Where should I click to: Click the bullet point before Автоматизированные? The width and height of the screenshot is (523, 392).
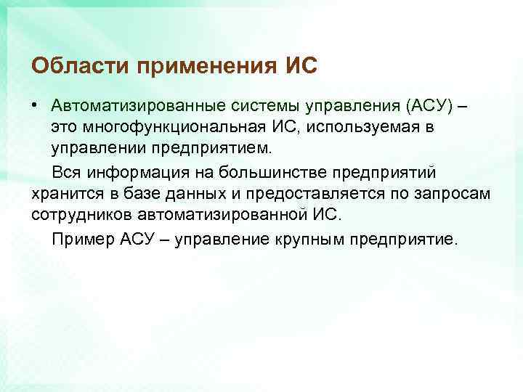coord(35,106)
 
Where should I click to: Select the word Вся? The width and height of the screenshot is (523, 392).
coord(66,173)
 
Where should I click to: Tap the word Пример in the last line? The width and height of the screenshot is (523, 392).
coord(80,240)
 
